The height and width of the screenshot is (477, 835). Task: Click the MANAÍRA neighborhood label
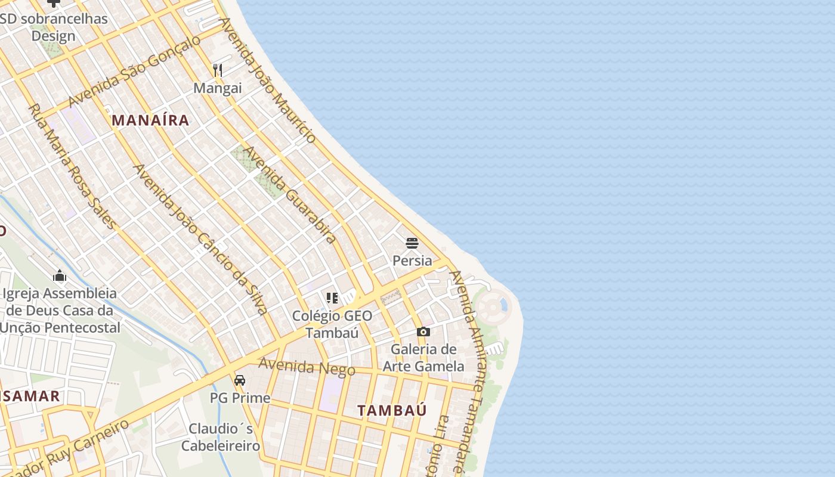(150, 120)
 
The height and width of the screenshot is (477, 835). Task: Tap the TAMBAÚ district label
(392, 410)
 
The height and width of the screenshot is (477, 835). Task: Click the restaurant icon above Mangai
(218, 70)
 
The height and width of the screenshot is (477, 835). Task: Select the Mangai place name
(218, 88)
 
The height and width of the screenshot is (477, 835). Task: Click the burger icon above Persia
(412, 243)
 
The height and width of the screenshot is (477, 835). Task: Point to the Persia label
(412, 261)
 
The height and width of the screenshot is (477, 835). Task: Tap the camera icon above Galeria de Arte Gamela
(423, 332)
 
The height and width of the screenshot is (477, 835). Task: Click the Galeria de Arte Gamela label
(423, 357)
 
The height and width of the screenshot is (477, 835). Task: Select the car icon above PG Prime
(240, 380)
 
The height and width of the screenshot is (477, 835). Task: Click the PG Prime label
(240, 398)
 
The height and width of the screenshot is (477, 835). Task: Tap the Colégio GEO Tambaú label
(332, 324)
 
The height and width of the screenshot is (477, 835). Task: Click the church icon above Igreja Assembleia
(60, 275)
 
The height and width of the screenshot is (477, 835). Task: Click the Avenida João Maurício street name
(268, 80)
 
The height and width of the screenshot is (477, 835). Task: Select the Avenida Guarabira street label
(290, 194)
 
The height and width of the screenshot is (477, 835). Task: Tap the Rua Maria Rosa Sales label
(72, 166)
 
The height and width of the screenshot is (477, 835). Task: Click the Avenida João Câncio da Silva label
(200, 239)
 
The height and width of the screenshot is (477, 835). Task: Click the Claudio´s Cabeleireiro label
(221, 437)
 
